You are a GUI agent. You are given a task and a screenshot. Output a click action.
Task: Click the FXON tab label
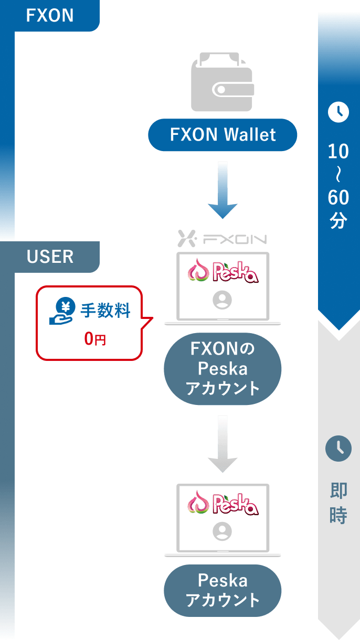[x=50, y=16]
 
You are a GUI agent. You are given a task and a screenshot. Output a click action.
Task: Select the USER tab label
[x=50, y=257]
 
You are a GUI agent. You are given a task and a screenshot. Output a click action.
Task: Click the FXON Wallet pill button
[x=223, y=135]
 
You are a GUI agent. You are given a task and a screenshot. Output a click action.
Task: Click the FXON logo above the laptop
[x=223, y=239]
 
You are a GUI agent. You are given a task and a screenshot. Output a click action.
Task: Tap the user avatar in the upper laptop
[x=223, y=300]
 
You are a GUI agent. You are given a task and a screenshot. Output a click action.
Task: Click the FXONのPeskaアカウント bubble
[x=223, y=369]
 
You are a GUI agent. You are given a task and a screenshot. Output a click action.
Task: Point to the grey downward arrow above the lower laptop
[x=223, y=444]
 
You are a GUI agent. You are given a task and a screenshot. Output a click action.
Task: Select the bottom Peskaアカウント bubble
[x=223, y=590]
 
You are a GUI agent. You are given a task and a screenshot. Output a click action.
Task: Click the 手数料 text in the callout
[x=105, y=311]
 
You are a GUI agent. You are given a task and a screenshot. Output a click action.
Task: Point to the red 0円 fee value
[x=95, y=339]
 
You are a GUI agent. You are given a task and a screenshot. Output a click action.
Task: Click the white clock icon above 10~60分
[x=338, y=112]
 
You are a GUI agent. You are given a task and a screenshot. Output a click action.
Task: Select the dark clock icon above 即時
[x=338, y=449]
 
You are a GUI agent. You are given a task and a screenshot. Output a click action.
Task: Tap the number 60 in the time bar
[x=338, y=198]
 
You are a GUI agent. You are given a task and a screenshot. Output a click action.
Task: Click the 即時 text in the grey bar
[x=338, y=504]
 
